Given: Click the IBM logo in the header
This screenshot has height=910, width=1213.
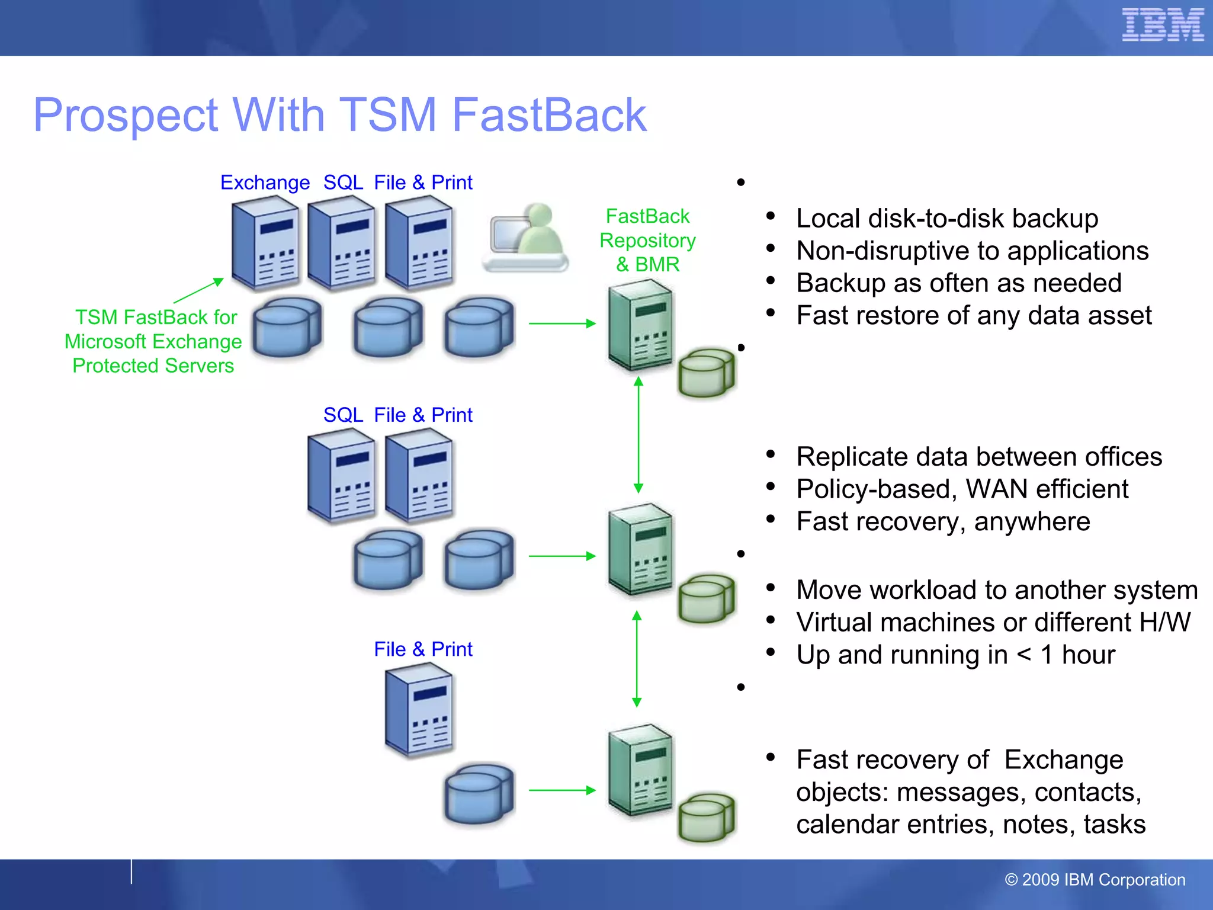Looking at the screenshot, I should [1162, 25].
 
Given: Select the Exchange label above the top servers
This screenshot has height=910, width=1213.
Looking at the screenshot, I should [265, 182].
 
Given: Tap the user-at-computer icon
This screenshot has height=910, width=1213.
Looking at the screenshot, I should [525, 238].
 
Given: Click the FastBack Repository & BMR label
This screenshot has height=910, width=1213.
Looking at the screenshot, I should [647, 240].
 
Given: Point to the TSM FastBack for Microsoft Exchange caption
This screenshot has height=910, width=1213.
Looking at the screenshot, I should [153, 341].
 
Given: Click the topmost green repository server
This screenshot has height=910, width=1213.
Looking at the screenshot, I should [640, 325].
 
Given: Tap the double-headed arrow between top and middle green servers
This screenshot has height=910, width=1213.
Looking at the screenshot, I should [638, 435].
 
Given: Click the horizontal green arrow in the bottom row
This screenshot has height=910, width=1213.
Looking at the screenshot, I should [561, 790].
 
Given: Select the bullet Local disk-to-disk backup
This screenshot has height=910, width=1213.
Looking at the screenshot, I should [946, 219].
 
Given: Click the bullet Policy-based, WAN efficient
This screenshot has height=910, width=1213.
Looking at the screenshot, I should [962, 489].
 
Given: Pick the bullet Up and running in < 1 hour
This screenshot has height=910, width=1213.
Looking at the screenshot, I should [955, 655].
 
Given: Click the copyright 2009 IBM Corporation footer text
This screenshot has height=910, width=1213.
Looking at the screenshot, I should [1095, 880].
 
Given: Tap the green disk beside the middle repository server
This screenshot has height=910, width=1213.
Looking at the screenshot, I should [706, 598].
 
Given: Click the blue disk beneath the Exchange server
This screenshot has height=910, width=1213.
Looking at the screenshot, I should [287, 327].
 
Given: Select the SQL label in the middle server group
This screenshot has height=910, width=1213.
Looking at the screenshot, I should [343, 415].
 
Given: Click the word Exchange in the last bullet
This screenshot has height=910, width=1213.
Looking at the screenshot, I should [1063, 760].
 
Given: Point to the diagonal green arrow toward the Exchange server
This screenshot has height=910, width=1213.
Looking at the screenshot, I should [198, 290].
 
